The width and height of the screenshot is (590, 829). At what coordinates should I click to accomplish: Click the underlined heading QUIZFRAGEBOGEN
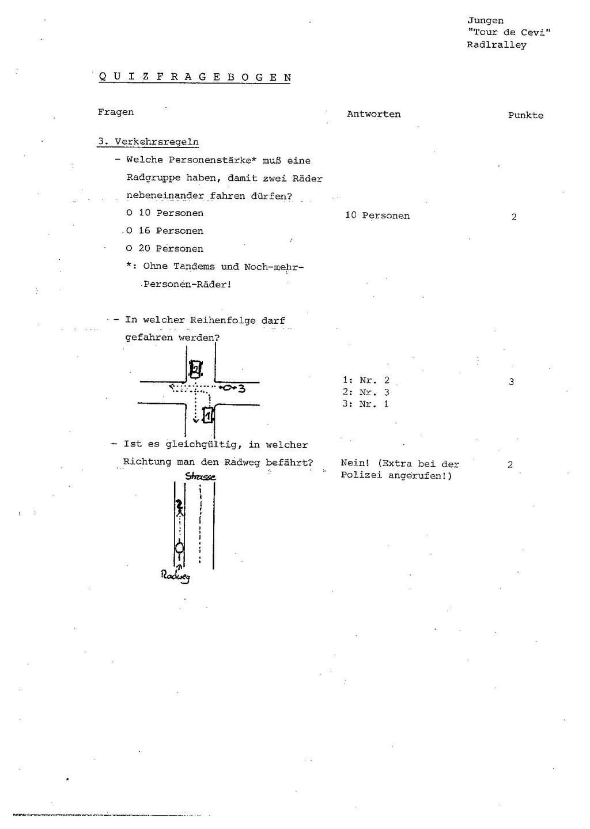194,77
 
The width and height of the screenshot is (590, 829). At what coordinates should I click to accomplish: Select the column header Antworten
373,114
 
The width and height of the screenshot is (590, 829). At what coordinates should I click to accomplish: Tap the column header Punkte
525,115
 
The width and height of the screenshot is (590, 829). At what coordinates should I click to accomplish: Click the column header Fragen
116,112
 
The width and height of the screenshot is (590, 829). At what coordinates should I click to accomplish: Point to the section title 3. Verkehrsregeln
148,142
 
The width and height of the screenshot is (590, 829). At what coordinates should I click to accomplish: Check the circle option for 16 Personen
130,231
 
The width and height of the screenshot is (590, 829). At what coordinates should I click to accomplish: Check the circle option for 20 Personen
130,249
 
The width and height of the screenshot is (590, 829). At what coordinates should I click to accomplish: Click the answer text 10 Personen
377,215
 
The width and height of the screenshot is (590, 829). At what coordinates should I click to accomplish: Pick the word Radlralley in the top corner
497,45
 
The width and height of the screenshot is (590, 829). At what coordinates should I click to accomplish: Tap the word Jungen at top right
485,21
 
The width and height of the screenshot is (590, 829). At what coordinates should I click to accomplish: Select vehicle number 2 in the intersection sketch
196,369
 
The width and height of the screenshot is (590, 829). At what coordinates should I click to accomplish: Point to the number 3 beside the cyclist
242,388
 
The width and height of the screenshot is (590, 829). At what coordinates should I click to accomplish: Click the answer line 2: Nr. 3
366,392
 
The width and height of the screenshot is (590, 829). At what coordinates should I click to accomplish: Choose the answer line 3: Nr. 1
366,404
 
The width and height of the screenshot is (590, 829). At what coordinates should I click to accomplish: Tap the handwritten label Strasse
201,476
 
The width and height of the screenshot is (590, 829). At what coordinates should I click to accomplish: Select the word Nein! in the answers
354,464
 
